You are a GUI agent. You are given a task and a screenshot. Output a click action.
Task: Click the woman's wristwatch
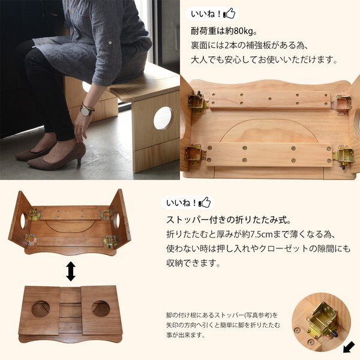click(88, 110)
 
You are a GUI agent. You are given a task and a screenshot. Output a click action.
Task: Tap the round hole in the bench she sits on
click(163, 118)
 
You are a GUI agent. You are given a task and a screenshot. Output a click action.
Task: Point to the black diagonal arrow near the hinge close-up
click(349, 346)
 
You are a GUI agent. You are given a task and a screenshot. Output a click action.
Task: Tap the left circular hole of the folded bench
click(41, 308)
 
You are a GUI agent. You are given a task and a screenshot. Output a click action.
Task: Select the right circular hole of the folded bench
click(100, 308)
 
